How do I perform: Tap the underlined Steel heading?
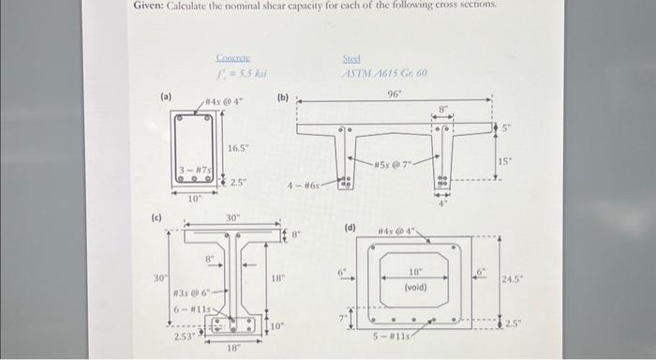[x=353, y=58]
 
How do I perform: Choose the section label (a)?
[x=166, y=96]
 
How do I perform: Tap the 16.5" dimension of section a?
[x=239, y=148]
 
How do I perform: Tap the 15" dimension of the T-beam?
[x=504, y=161]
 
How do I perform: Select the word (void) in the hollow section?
[x=414, y=287]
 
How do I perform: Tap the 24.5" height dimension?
[x=514, y=278]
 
